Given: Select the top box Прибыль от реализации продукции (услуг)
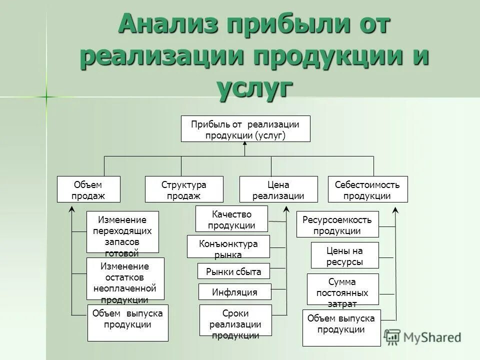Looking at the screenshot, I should tap(245, 129).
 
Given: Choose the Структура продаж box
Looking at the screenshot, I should tap(184, 189).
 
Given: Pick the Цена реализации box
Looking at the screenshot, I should tap(278, 189).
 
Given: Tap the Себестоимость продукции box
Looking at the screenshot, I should tap(367, 189).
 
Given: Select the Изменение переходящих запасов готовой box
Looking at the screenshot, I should tap(122, 232).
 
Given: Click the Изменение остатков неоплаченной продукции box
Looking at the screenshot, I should tap(125, 278).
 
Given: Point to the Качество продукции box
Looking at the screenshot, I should tap(231, 219).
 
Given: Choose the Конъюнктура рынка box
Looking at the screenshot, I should tap(228, 246).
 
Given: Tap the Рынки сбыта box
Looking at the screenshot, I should tap(233, 271).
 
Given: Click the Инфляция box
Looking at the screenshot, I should tap(234, 291).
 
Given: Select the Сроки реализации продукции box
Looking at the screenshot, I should tap(235, 322).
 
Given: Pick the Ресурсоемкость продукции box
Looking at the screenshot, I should tap(337, 224).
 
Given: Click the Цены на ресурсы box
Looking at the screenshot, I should tap(344, 255).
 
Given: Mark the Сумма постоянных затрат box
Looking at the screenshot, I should tap(342, 289).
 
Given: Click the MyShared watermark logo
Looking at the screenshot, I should tap(423, 336).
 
